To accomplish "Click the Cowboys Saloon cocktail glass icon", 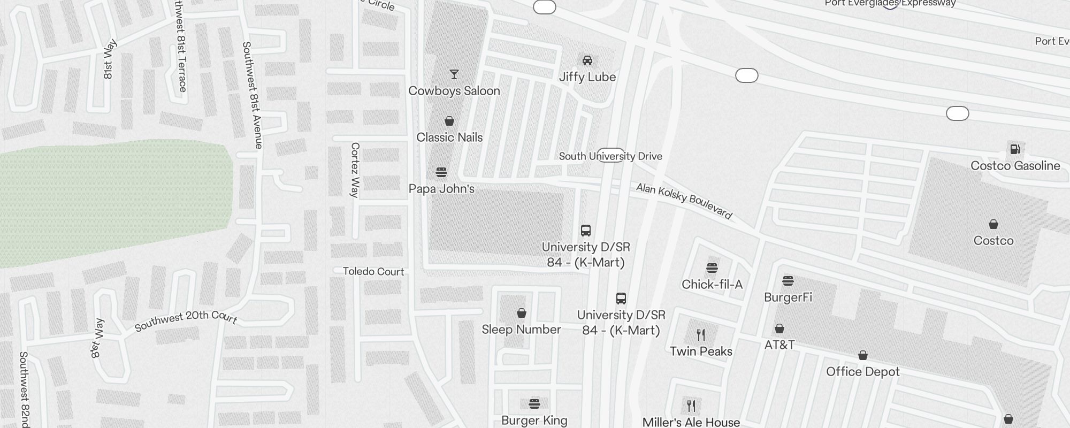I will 454,74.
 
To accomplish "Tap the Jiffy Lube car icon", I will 587,60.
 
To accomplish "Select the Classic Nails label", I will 449,137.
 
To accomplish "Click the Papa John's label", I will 441,189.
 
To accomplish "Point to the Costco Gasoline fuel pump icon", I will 1015,149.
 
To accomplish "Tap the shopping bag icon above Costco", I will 993,224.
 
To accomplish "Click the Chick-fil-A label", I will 712,285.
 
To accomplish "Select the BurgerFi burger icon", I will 788,280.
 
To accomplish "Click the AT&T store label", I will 779,345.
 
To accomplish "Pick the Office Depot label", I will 862,372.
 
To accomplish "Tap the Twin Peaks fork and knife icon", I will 701,335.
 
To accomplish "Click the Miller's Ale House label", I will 691,422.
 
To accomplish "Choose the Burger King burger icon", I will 534,403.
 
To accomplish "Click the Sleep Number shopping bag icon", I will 522,313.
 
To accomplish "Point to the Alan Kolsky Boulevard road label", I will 684,201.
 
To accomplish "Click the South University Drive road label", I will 610,156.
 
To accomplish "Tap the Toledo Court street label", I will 373,272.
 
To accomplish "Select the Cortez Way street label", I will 355,170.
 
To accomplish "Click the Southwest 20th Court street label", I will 186,319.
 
